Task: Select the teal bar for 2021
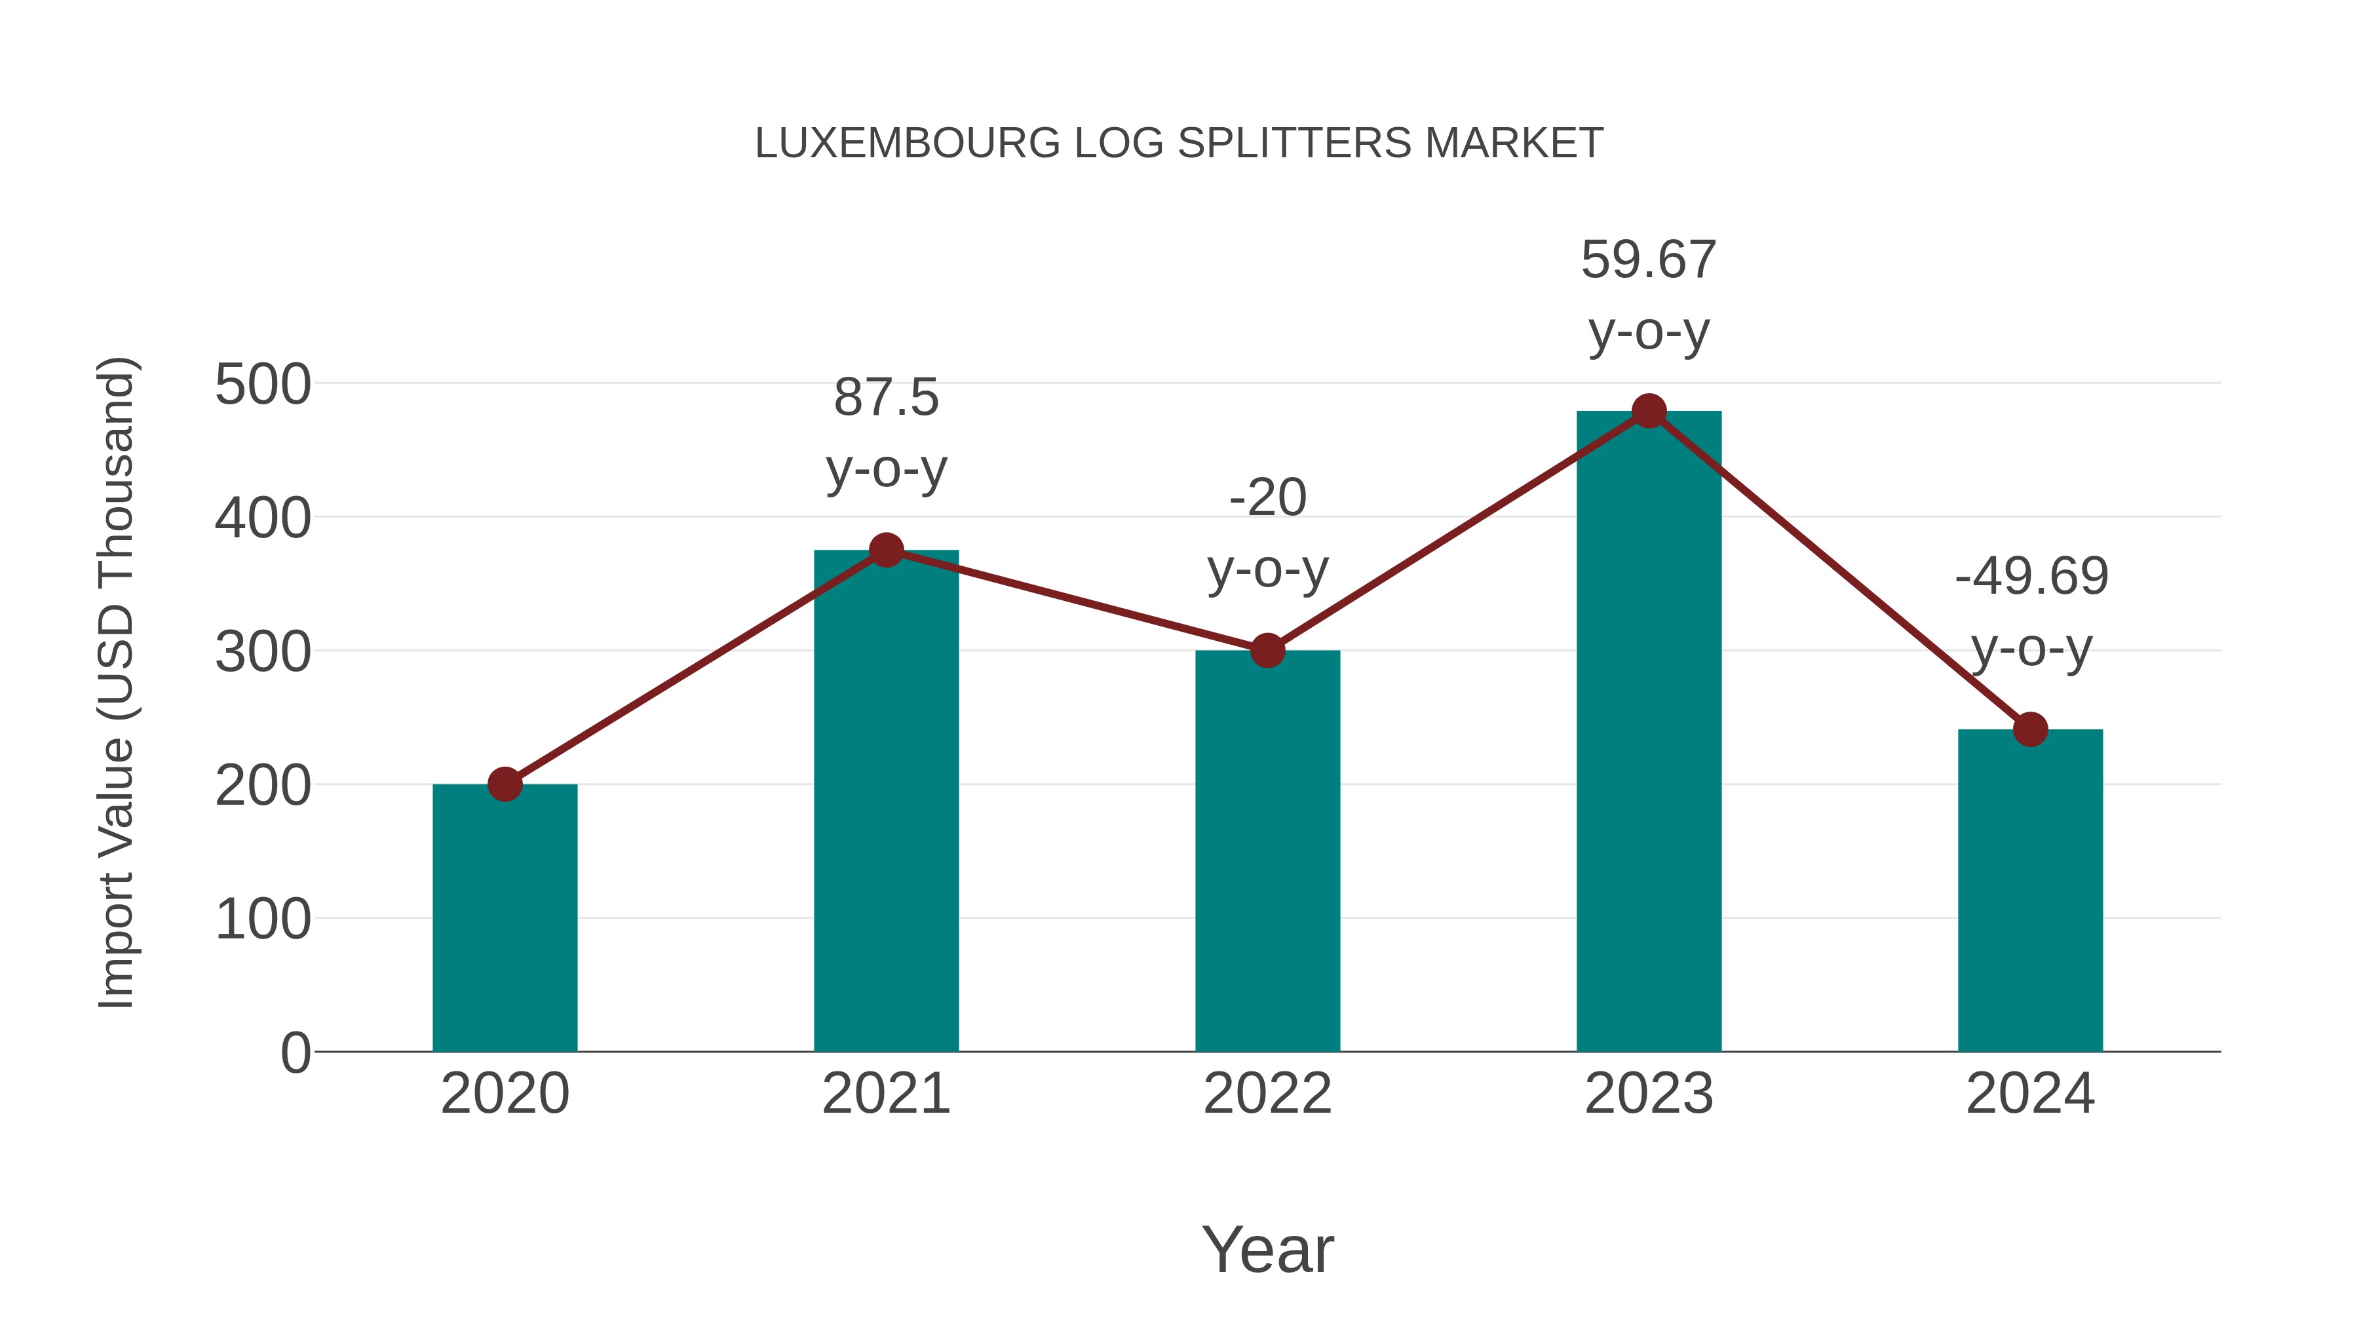[x=885, y=806]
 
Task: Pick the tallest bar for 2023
[x=1649, y=733]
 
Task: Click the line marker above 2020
[x=505, y=784]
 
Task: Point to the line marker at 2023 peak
[x=1649, y=411]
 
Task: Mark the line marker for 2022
[x=1267, y=650]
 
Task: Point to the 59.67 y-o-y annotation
[x=1649, y=295]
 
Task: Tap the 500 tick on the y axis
[x=263, y=385]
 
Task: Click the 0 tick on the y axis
[x=295, y=1052]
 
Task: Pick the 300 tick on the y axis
[x=263, y=652]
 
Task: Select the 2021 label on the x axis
[x=885, y=1094]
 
